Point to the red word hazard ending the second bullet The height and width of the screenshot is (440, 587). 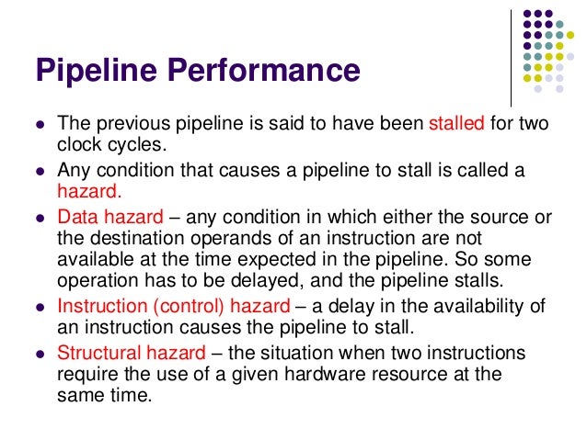pos(88,193)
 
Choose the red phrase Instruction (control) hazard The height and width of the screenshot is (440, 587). pos(173,307)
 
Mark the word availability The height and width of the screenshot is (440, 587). pos(472,307)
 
